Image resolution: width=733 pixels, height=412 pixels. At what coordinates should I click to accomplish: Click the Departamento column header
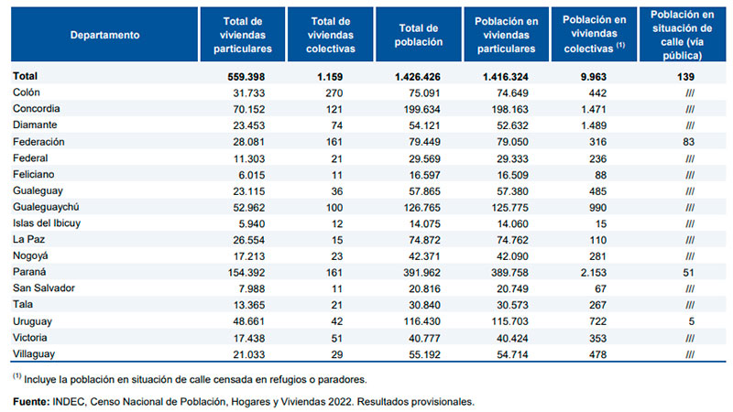point(104,35)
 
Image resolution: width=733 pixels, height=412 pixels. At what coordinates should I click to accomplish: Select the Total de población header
point(419,35)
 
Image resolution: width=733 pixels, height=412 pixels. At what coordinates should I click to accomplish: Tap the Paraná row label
point(29,272)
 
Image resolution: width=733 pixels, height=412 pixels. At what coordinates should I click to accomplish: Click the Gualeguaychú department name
point(46,207)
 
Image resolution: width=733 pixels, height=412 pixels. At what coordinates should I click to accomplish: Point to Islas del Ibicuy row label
point(47,223)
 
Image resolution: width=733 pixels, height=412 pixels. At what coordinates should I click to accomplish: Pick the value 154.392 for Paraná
point(246,273)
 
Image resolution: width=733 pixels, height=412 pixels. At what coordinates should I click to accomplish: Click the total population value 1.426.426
point(418,77)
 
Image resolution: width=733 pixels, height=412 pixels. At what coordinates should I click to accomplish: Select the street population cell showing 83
point(689,142)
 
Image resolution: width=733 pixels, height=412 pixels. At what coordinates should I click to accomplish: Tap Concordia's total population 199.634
point(422,110)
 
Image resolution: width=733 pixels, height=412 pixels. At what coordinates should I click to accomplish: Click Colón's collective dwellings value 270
point(334,93)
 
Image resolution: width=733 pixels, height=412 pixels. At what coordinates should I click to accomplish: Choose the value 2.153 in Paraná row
point(594,273)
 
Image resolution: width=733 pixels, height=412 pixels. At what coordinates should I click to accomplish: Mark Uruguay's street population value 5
point(692,321)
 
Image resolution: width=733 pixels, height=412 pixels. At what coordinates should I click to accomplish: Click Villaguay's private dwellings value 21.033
point(249,354)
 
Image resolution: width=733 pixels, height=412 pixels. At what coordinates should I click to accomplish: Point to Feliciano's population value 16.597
point(424,175)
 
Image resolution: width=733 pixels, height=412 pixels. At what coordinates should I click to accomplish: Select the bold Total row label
point(26,76)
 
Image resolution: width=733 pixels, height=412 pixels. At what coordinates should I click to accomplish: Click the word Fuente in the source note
point(31,402)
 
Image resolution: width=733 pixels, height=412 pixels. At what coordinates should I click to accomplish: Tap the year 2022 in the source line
point(341,402)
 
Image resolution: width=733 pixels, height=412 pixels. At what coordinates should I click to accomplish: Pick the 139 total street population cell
point(685,77)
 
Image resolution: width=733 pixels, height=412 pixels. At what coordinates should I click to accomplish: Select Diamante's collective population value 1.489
point(594,126)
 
